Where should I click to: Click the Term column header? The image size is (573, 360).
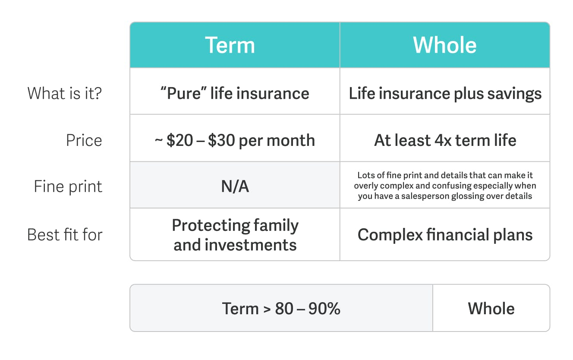(x=235, y=45)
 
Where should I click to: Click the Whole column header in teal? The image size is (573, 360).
(x=445, y=45)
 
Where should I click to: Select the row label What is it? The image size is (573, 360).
(x=65, y=93)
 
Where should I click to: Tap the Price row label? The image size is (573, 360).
(x=84, y=140)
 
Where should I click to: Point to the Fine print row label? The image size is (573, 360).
(x=68, y=186)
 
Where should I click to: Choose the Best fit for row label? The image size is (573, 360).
(x=65, y=235)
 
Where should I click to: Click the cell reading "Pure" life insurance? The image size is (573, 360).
(x=235, y=91)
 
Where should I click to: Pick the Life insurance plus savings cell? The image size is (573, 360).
(x=445, y=91)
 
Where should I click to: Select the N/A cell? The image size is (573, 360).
(x=235, y=185)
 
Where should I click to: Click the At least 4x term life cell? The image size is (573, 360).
(x=445, y=138)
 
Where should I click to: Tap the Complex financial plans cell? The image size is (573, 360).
(x=445, y=234)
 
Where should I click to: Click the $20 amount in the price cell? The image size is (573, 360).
(x=180, y=140)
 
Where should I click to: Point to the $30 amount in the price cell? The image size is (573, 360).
(x=221, y=140)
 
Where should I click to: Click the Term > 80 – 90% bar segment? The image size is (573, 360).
(x=281, y=308)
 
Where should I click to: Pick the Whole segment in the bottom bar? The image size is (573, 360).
(x=491, y=308)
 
